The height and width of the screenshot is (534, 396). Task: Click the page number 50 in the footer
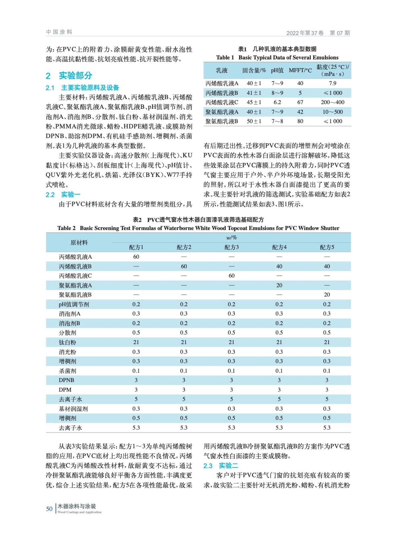49,509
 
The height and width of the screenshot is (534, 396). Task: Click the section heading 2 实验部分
69,76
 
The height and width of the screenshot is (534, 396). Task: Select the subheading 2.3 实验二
221,466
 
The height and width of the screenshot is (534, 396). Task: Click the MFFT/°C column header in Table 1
300,70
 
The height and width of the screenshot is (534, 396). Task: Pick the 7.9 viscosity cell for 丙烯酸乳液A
332,83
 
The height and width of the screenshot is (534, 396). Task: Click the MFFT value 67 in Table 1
300,102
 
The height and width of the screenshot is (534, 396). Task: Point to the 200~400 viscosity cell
332,102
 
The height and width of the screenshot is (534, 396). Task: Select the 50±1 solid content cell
254,121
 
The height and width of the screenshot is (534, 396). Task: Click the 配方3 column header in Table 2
232,247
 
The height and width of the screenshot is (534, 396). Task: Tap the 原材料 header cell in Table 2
79,243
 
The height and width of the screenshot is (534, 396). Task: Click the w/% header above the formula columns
231,238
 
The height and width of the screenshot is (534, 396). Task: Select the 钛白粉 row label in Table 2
67,342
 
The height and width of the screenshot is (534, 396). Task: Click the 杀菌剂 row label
67,371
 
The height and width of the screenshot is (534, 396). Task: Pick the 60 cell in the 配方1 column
136,257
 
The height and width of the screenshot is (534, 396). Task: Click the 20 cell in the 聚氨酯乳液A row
279,285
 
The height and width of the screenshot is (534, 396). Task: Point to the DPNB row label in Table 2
66,380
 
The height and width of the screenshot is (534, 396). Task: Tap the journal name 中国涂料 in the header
59,32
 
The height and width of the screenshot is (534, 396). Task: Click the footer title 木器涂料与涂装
77,506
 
